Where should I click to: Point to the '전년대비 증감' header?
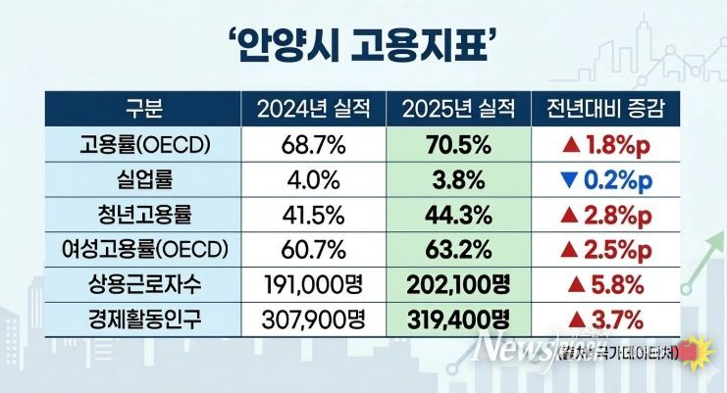605,107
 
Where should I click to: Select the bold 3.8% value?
458,179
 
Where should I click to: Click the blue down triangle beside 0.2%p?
567,179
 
